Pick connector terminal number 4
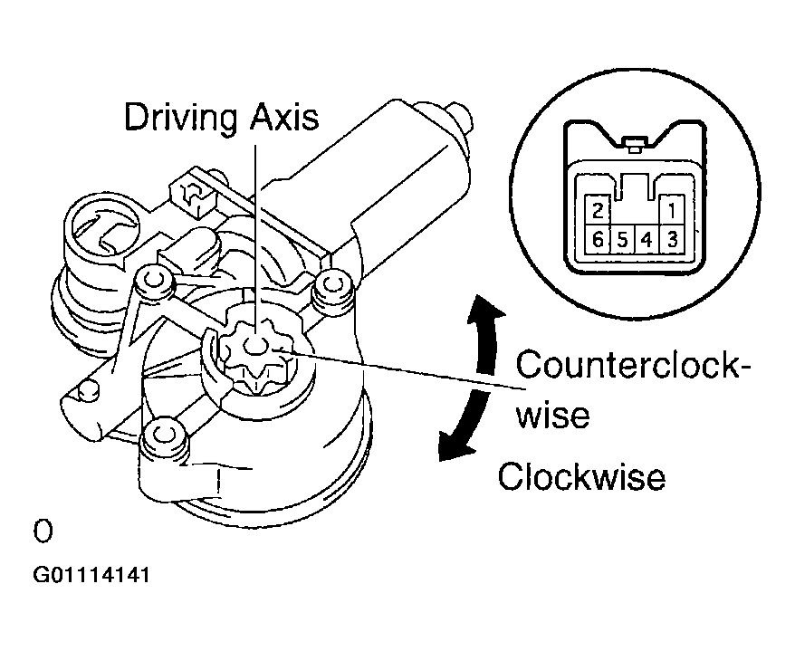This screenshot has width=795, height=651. tap(647, 241)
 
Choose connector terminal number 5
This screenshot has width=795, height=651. tap(621, 241)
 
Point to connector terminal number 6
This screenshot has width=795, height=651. tap(596, 241)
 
